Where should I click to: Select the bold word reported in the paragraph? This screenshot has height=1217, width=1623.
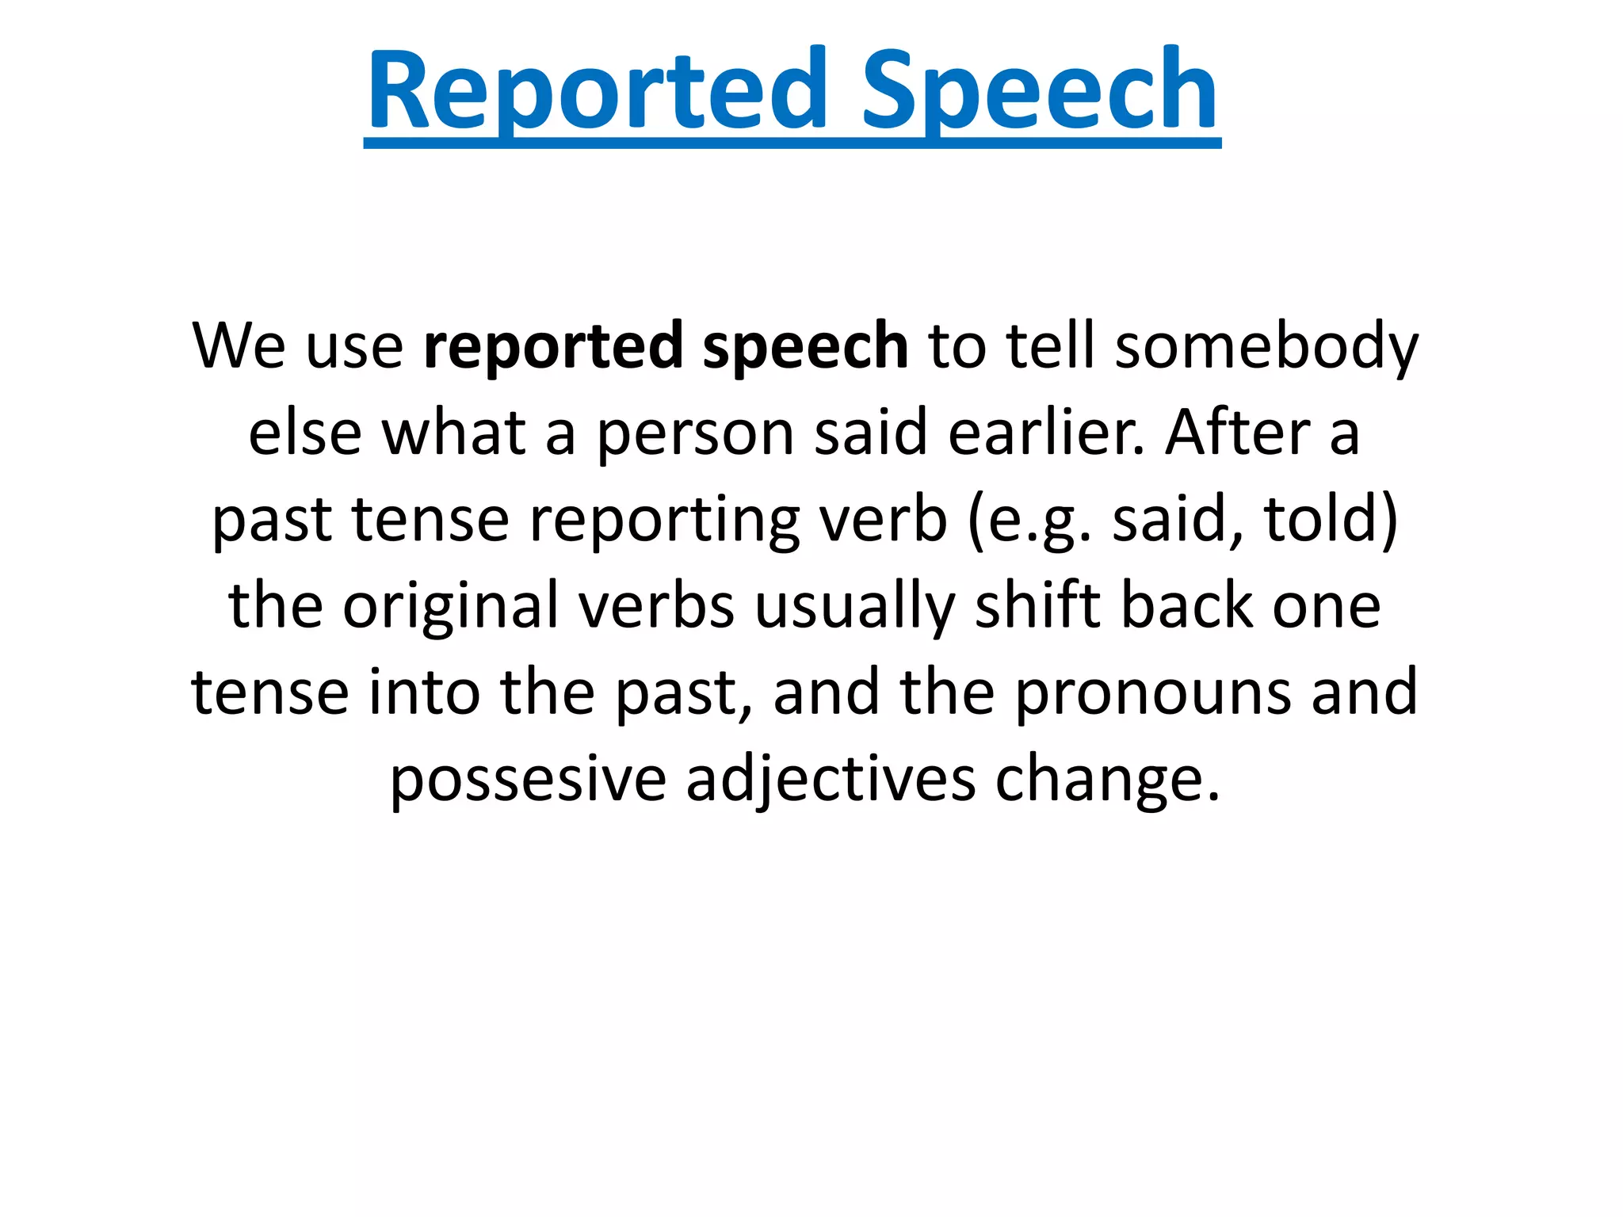552,346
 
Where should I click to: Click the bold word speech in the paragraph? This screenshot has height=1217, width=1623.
805,346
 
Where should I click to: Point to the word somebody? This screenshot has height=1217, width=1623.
1266,346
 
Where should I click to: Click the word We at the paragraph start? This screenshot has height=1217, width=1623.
239,346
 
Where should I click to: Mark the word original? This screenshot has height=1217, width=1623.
450,606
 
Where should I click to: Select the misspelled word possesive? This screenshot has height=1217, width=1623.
528,780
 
